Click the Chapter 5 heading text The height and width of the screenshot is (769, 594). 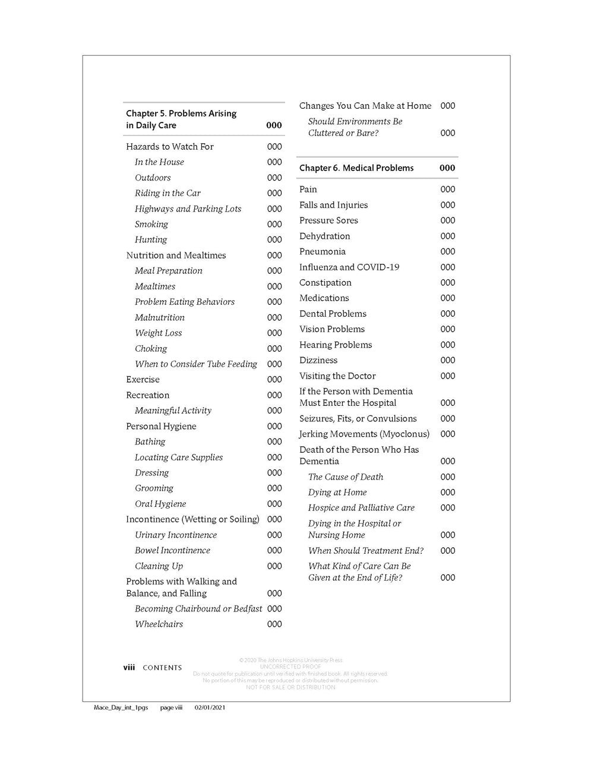tap(181, 119)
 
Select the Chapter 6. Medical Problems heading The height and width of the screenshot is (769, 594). tap(356, 168)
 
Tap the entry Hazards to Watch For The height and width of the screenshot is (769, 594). tap(170, 147)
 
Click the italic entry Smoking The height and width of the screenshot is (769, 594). tap(151, 224)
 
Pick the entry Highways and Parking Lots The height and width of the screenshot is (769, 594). tap(188, 209)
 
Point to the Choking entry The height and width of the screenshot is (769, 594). tap(151, 348)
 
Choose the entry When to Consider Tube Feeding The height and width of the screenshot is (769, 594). tap(195, 364)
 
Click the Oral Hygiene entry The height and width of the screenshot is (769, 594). tap(160, 504)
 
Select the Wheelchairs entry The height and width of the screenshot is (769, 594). tap(159, 624)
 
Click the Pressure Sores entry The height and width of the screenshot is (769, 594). tap(328, 220)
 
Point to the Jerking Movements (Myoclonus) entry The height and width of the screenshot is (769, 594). tap(364, 434)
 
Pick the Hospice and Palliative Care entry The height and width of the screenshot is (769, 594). tap(361, 508)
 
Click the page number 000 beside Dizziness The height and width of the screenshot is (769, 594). tap(448, 360)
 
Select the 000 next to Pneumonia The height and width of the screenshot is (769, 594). tap(448, 251)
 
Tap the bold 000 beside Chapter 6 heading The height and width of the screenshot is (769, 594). tap(447, 168)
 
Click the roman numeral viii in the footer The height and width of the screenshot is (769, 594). tap(129, 667)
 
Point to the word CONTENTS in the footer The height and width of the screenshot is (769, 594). tap(162, 668)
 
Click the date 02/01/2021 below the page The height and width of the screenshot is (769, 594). tap(210, 708)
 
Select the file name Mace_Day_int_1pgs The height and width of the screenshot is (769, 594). tap(121, 708)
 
